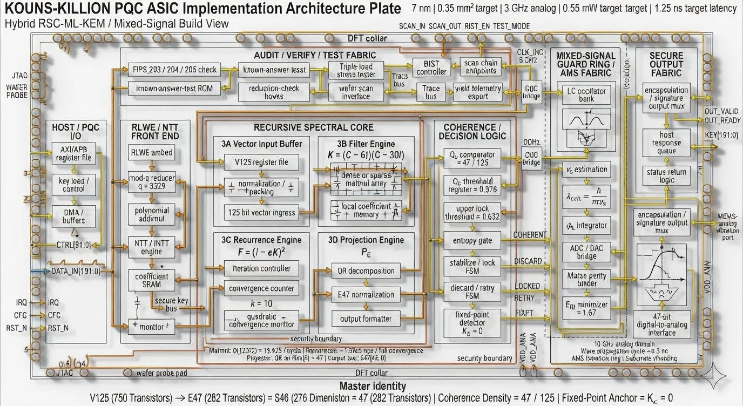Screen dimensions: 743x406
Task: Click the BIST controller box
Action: [432, 67]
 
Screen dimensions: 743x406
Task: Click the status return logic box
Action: [667, 175]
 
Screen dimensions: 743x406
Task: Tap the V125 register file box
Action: [261, 162]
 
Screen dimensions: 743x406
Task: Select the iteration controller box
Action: [261, 268]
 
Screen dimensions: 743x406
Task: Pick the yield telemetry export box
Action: [478, 92]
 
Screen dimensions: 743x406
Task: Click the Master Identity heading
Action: [372, 386]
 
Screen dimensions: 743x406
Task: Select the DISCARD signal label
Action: [528, 261]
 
